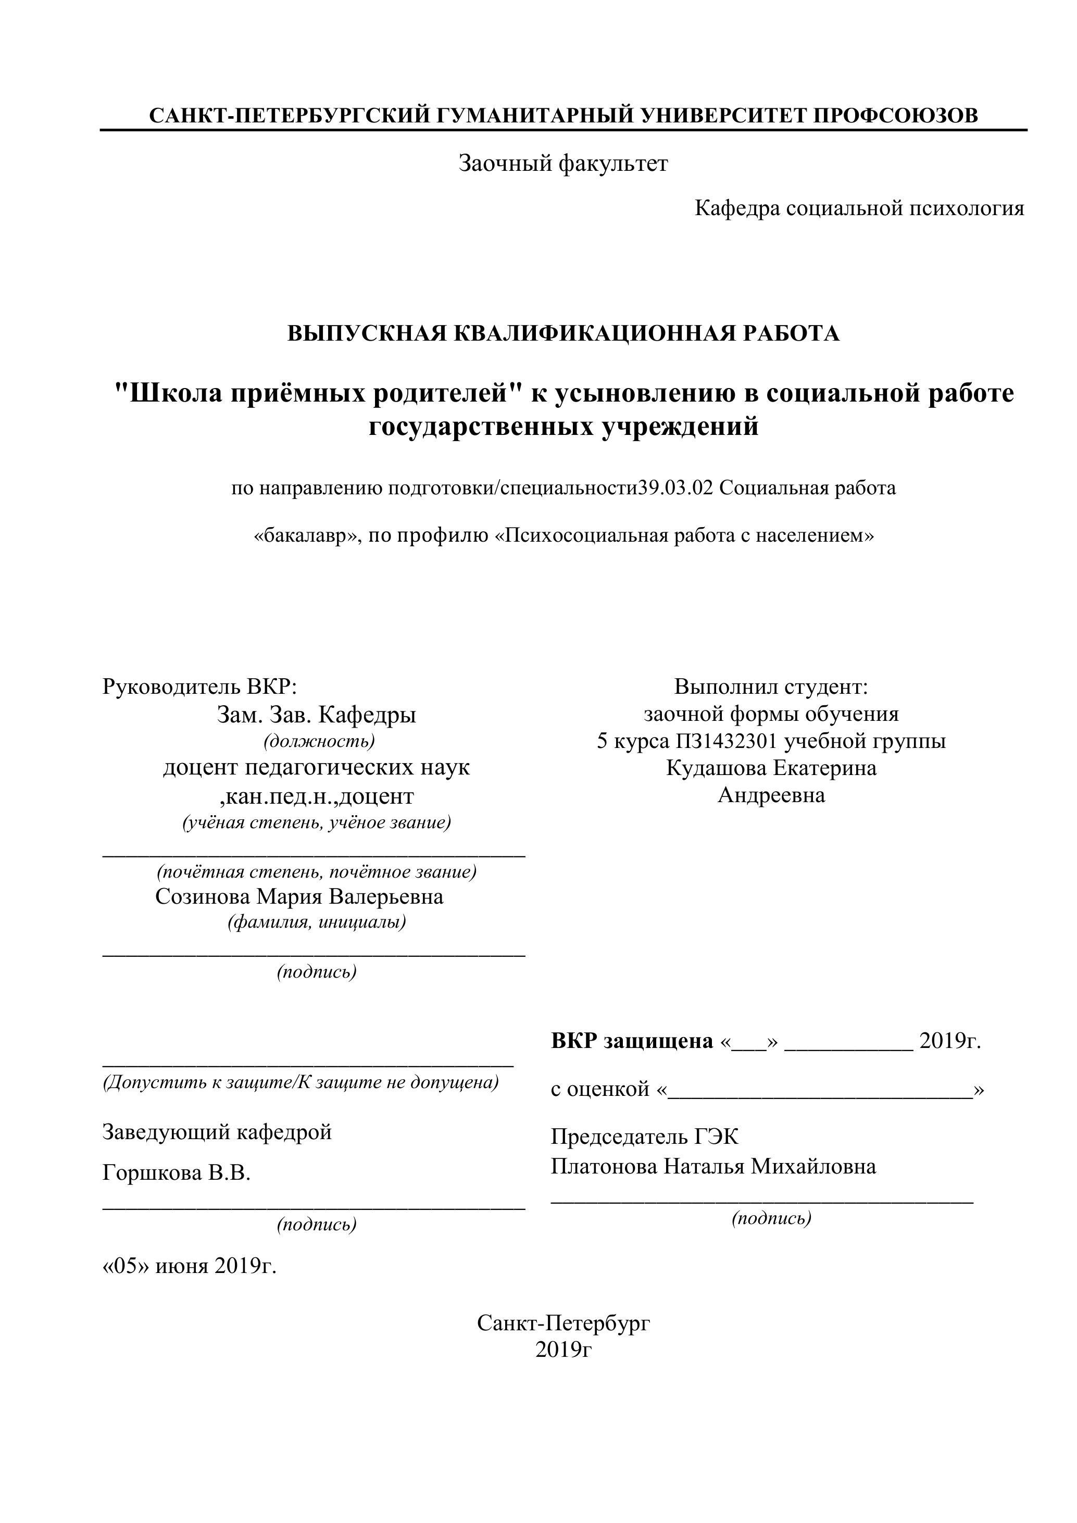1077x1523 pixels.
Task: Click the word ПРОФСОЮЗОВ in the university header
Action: (895, 116)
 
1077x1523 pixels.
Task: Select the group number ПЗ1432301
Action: (725, 741)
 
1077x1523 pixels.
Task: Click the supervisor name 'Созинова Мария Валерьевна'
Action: (299, 897)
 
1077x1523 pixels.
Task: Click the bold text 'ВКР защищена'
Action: (631, 1041)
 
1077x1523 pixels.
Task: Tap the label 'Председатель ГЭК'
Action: (644, 1137)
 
